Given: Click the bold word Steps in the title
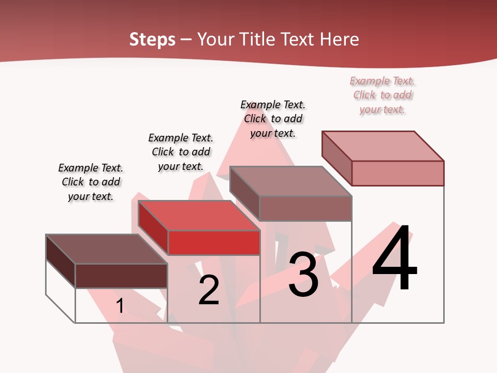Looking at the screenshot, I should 152,39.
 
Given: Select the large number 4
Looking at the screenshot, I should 394,259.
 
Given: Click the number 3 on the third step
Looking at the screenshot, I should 303,275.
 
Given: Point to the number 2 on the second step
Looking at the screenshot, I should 209,290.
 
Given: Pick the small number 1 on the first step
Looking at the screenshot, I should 120,306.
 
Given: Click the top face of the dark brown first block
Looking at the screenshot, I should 107,249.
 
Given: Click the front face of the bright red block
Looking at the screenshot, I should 214,243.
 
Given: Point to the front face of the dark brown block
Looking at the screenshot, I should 121,276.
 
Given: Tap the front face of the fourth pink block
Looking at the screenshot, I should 398,173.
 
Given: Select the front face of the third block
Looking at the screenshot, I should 305,208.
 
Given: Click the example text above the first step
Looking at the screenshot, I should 91,182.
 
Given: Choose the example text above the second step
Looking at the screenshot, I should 181,152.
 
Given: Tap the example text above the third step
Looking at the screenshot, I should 273,119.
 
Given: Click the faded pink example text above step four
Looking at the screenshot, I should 383,95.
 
